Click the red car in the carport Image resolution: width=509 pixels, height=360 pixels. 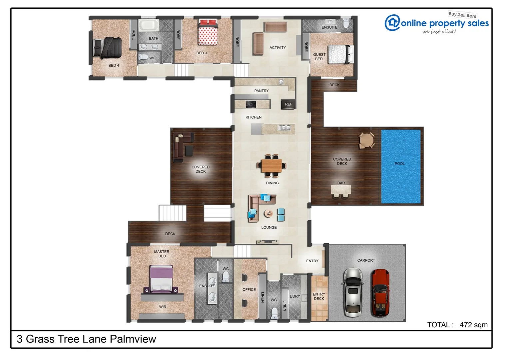pyautogui.click(x=380, y=293)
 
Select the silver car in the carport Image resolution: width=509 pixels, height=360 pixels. pyautogui.click(x=353, y=292)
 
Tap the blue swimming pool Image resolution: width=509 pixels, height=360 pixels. pyautogui.click(x=401, y=166)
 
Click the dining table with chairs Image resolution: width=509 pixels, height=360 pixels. pyautogui.click(x=272, y=166)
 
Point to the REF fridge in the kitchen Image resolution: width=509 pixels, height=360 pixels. pyautogui.click(x=288, y=104)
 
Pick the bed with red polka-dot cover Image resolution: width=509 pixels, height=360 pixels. pyautogui.click(x=208, y=33)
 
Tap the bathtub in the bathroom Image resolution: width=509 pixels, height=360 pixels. pyautogui.click(x=148, y=25)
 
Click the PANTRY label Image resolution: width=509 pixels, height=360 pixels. pyautogui.click(x=261, y=91)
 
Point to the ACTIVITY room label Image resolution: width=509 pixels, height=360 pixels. pyautogui.click(x=277, y=48)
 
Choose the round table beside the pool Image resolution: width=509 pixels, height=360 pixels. pyautogui.click(x=366, y=140)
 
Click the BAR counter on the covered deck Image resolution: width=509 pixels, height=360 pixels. pyautogui.click(x=341, y=190)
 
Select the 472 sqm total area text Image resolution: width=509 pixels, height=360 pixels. pyautogui.click(x=473, y=325)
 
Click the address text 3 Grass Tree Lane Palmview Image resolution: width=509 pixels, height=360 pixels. pyautogui.click(x=86, y=339)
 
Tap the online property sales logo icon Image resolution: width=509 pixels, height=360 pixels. pyautogui.click(x=392, y=23)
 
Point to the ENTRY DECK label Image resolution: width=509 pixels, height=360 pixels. pyautogui.click(x=319, y=296)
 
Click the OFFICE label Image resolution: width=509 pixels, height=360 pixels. pyautogui.click(x=249, y=290)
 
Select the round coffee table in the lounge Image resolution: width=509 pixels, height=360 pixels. pyautogui.click(x=268, y=213)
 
